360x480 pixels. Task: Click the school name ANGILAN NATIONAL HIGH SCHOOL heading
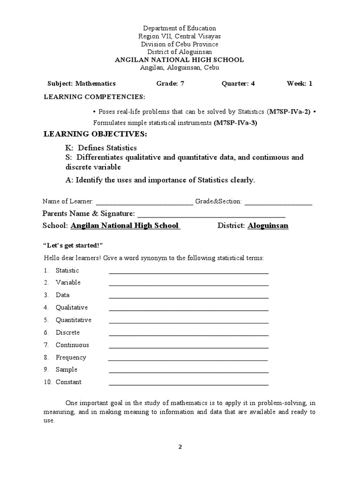point(180,60)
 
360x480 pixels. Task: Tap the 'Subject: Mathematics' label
point(82,83)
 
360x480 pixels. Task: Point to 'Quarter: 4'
point(238,83)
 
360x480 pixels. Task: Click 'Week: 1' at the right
point(299,83)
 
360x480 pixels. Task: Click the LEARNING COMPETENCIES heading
point(94,97)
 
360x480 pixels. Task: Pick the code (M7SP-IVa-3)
point(236,123)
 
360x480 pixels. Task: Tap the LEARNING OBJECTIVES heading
point(95,135)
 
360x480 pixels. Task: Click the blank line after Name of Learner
point(144,202)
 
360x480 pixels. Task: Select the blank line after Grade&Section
point(278,202)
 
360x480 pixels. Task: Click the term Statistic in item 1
point(67,270)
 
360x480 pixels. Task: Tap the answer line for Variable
point(188,284)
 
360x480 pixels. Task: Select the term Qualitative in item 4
point(72,307)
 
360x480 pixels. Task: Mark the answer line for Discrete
point(188,334)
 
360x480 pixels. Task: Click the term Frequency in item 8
point(71,357)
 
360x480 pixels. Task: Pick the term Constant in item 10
point(68,382)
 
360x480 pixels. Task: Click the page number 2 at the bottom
point(180,447)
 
